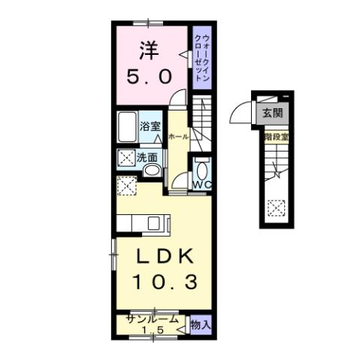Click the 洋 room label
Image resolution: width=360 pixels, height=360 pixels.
point(148,50)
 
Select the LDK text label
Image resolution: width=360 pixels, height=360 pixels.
point(167,256)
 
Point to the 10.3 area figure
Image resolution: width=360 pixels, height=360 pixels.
point(167,283)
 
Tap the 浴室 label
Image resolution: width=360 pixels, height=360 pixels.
point(150,126)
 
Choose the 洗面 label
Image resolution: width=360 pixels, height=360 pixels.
point(147,158)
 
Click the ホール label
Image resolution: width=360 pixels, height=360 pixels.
point(178,137)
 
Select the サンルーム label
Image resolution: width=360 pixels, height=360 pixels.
point(153,319)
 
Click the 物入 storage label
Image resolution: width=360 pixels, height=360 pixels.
point(200,325)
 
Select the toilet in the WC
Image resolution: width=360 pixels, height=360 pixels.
point(201,166)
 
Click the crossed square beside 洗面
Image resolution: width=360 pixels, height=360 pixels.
point(125,159)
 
